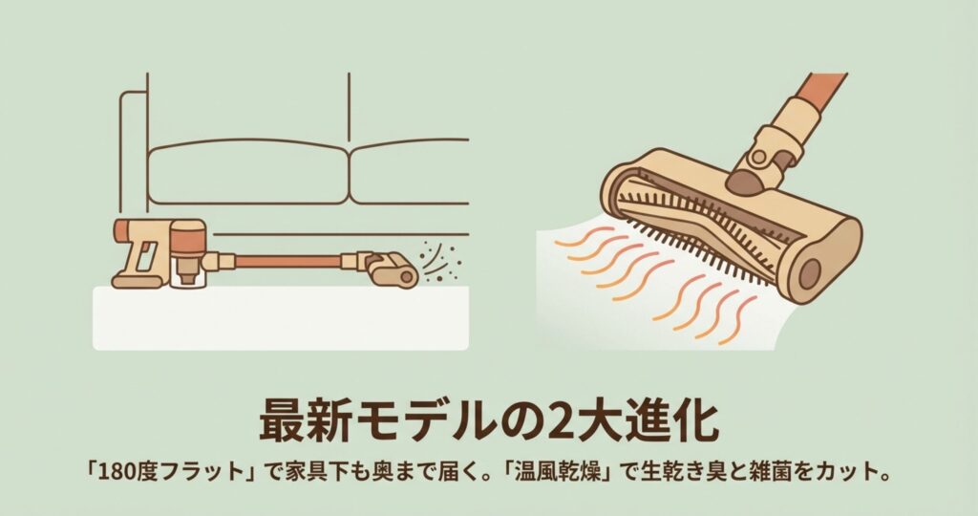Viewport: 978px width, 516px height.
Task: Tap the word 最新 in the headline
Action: tap(304, 421)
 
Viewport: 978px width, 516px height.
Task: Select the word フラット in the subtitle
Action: tap(202, 472)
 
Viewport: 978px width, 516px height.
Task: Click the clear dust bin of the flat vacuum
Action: tap(186, 273)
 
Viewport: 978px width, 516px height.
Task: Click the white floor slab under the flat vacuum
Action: tap(281, 318)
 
